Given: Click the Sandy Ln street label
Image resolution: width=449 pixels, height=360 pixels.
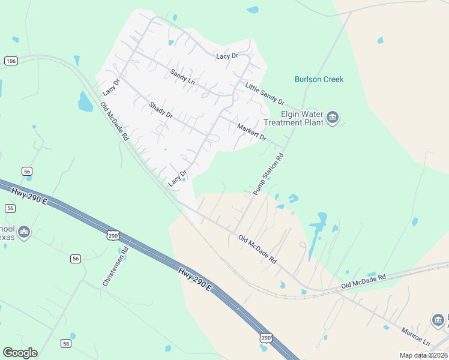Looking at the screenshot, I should pyautogui.click(x=183, y=76).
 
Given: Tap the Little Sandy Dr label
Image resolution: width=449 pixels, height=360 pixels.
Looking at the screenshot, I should pyautogui.click(x=264, y=94).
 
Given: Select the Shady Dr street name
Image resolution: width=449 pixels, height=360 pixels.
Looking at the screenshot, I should pyautogui.click(x=161, y=110).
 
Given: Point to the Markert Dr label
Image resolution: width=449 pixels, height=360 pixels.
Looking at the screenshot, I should pyautogui.click(x=252, y=131).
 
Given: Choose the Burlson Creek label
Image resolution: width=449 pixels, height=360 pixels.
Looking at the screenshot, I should pyautogui.click(x=319, y=79).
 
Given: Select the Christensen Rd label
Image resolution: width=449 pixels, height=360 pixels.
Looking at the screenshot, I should pyautogui.click(x=116, y=266).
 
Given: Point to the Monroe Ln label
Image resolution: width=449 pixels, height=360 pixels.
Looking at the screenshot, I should pyautogui.click(x=416, y=335).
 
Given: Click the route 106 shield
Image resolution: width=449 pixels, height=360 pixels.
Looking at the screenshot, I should pyautogui.click(x=10, y=61).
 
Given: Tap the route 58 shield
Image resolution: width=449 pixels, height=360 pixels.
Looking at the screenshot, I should pyautogui.click(x=66, y=343).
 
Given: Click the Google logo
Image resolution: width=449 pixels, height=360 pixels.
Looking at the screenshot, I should pyautogui.click(x=20, y=353).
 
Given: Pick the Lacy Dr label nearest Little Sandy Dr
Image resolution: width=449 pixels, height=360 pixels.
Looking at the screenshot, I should pyautogui.click(x=228, y=56).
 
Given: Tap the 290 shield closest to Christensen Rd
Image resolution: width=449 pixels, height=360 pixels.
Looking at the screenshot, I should pyautogui.click(x=113, y=236).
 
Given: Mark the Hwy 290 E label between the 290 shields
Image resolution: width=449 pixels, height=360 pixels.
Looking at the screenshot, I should pyautogui.click(x=195, y=280).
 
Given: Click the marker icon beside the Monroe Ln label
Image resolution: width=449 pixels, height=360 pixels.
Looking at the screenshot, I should pyautogui.click(x=439, y=320).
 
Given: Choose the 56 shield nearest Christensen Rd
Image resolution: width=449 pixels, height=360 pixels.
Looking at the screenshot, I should pyautogui.click(x=75, y=259).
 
